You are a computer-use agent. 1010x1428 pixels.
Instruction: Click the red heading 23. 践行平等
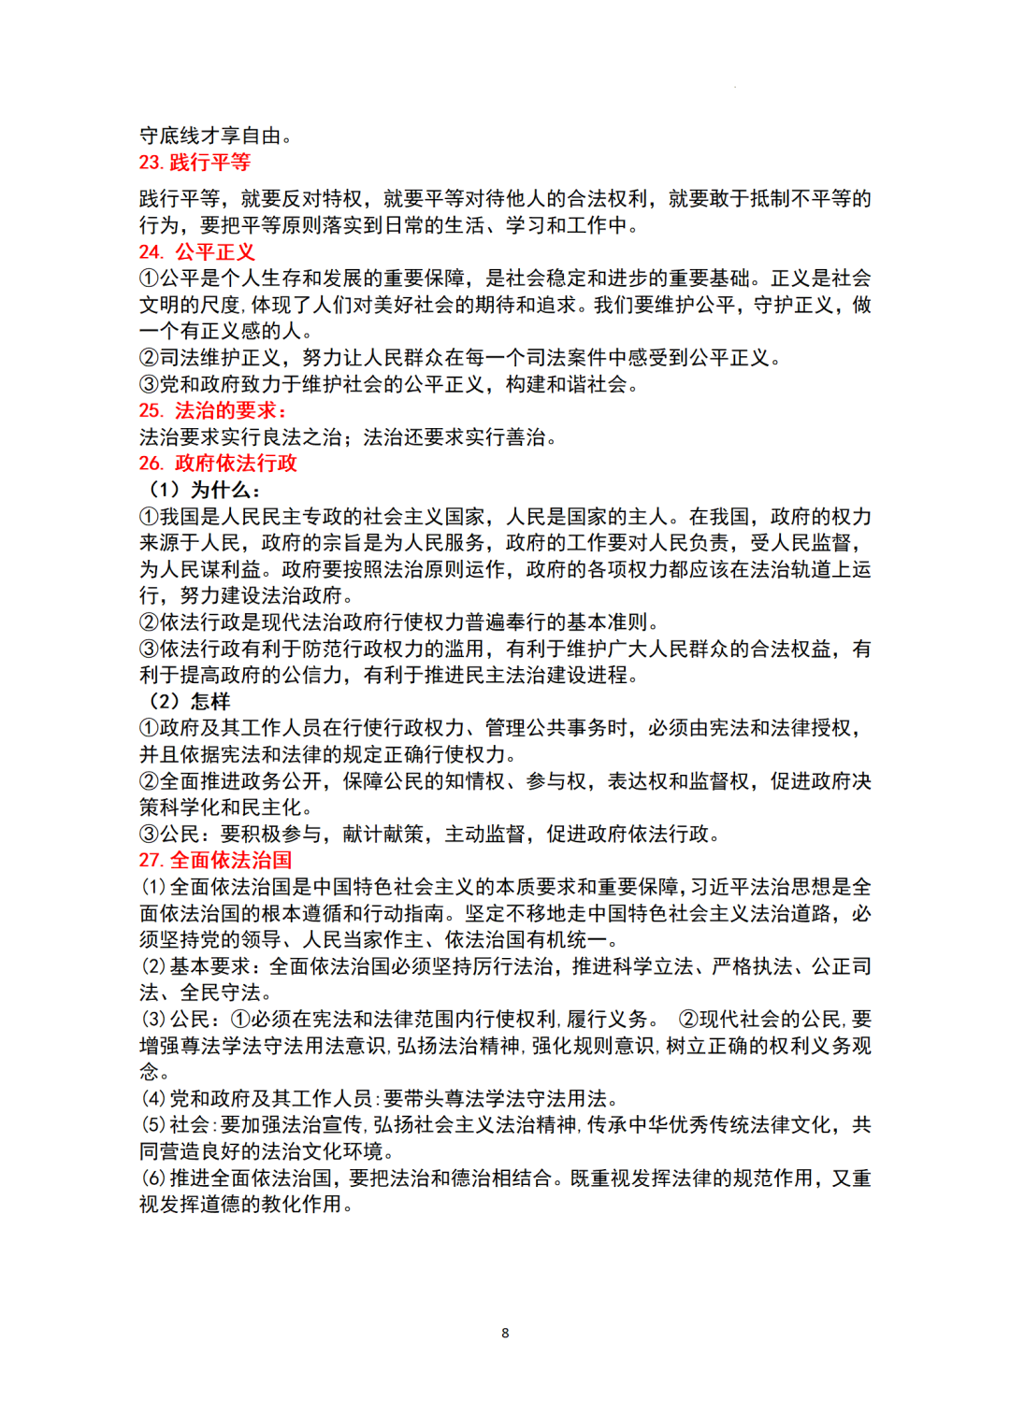195,163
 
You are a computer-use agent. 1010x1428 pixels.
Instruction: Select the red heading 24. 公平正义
196,252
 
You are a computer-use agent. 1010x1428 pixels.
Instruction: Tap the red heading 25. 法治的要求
213,410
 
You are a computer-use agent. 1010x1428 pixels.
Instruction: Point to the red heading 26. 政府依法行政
218,464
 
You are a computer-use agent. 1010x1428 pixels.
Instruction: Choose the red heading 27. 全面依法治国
215,861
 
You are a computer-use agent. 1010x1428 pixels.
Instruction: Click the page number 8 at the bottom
505,1333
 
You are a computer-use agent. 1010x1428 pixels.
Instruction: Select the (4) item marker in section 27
153,1099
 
